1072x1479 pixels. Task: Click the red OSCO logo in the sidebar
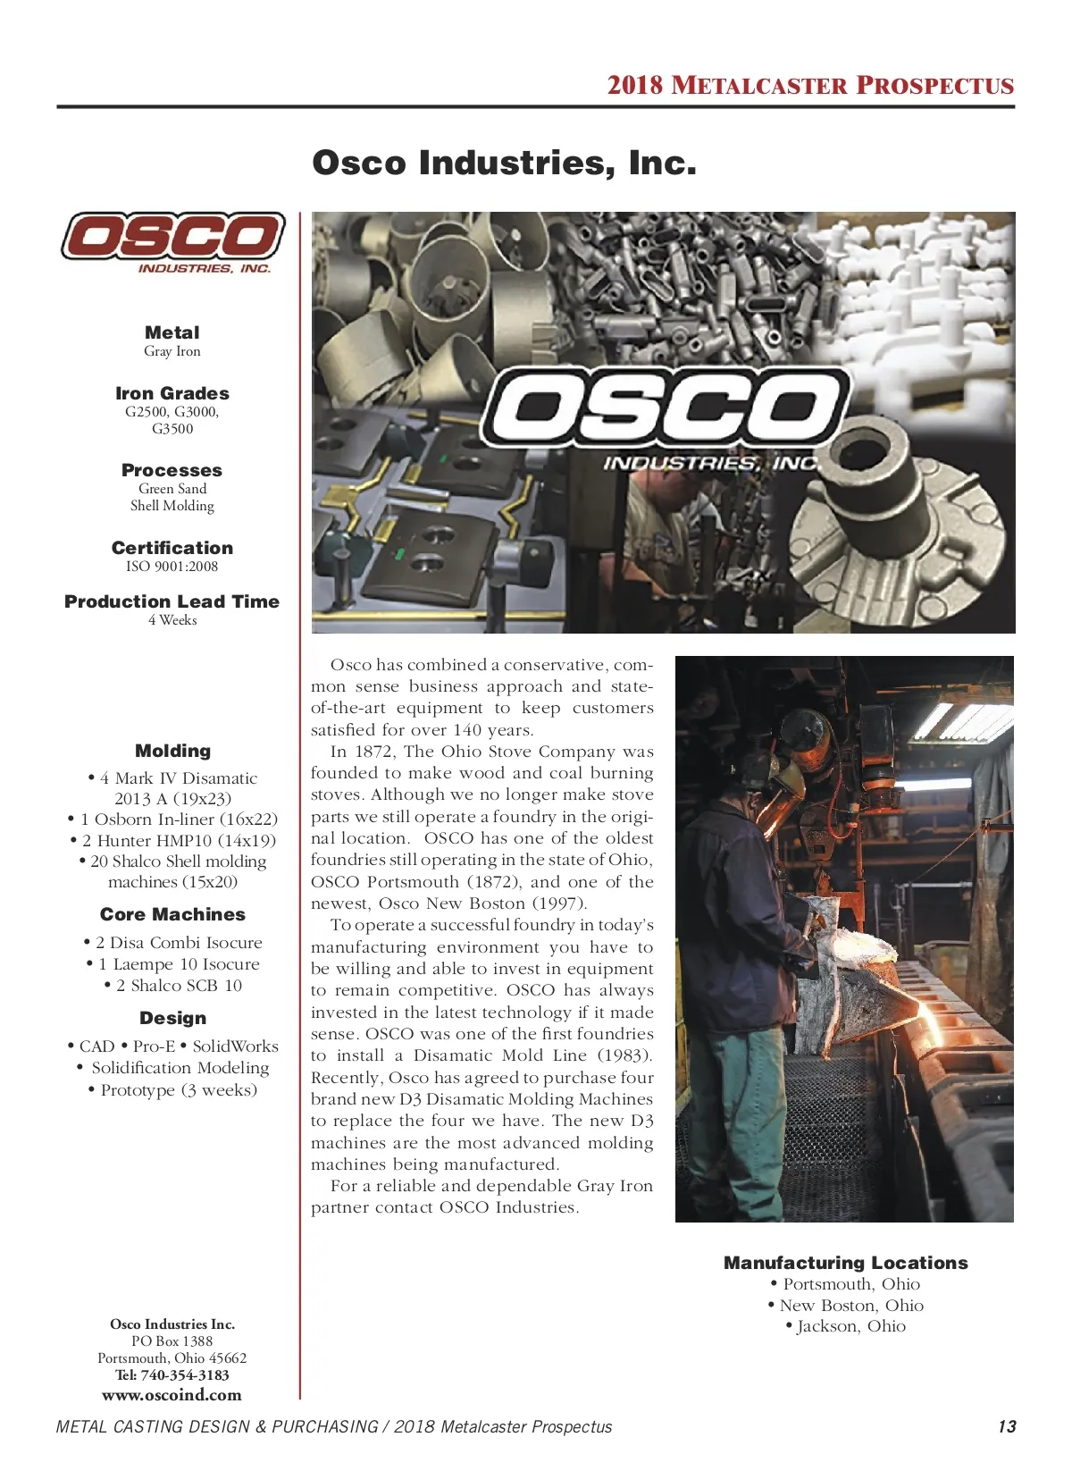tap(172, 239)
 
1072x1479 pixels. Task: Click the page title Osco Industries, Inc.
tap(504, 164)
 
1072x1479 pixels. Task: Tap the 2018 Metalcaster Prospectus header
tap(810, 86)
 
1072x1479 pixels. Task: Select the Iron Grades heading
tap(172, 393)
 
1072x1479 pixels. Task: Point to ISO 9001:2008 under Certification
tap(172, 567)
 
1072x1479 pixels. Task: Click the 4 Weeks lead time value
tap(172, 620)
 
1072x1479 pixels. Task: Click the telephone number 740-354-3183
tap(184, 1375)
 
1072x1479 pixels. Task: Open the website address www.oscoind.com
tap(172, 1395)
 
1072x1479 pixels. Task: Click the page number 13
tap(1007, 1427)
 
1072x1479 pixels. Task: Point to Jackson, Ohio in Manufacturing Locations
tap(850, 1326)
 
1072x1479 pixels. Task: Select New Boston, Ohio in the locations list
tap(850, 1306)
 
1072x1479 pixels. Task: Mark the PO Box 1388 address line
tap(172, 1341)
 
